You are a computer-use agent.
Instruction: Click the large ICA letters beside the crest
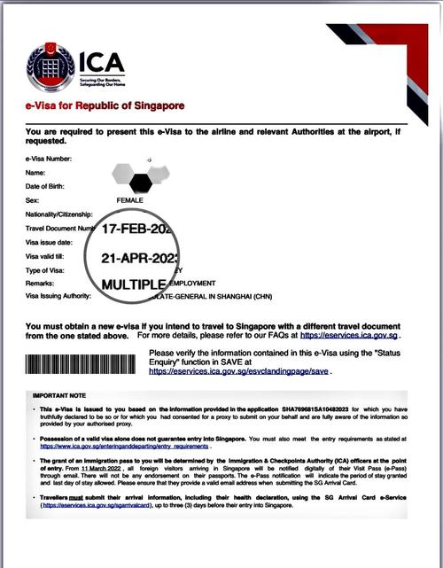click(x=101, y=62)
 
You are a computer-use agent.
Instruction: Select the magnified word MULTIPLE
click(x=134, y=284)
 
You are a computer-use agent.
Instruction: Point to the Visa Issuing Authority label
click(x=61, y=298)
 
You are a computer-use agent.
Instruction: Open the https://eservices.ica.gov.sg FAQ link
click(x=351, y=337)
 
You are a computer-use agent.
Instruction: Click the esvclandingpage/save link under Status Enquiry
click(x=238, y=371)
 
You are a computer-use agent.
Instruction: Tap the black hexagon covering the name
click(x=140, y=183)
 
